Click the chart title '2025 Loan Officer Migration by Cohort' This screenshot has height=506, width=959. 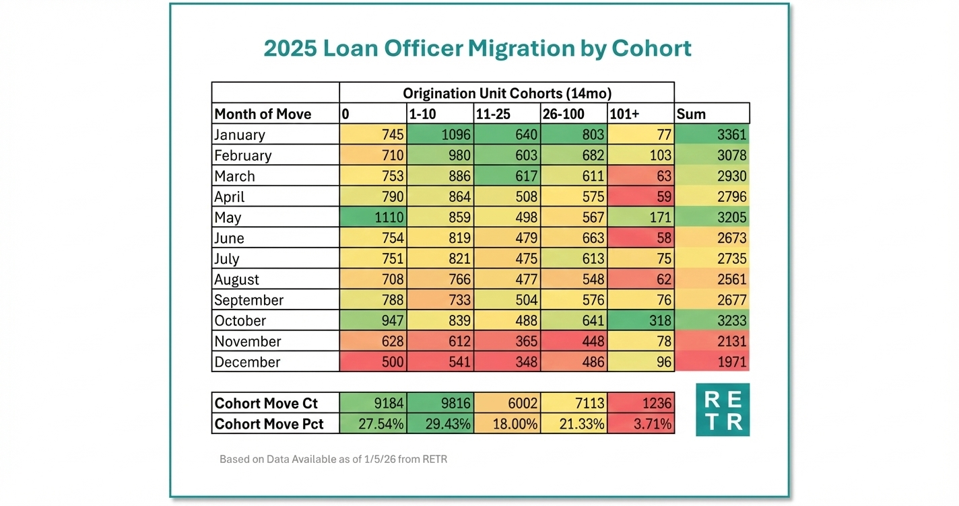477,49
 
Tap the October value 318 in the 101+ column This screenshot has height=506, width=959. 640,321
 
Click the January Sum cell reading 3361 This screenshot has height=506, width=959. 712,135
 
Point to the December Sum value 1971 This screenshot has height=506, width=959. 712,362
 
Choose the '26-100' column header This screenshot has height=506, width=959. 573,114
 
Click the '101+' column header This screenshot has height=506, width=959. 640,114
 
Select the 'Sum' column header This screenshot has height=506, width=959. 712,114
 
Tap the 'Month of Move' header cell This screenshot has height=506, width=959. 275,114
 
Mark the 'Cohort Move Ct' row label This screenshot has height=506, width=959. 275,404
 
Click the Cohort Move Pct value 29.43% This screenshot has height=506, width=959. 440,425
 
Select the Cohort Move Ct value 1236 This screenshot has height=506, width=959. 640,404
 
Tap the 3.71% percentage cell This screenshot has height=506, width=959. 640,425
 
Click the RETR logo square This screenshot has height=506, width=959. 722,410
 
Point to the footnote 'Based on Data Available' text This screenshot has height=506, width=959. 333,460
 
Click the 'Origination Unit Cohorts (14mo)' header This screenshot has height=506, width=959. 506,93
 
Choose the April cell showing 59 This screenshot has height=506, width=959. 640,197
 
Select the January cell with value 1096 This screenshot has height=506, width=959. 440,135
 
